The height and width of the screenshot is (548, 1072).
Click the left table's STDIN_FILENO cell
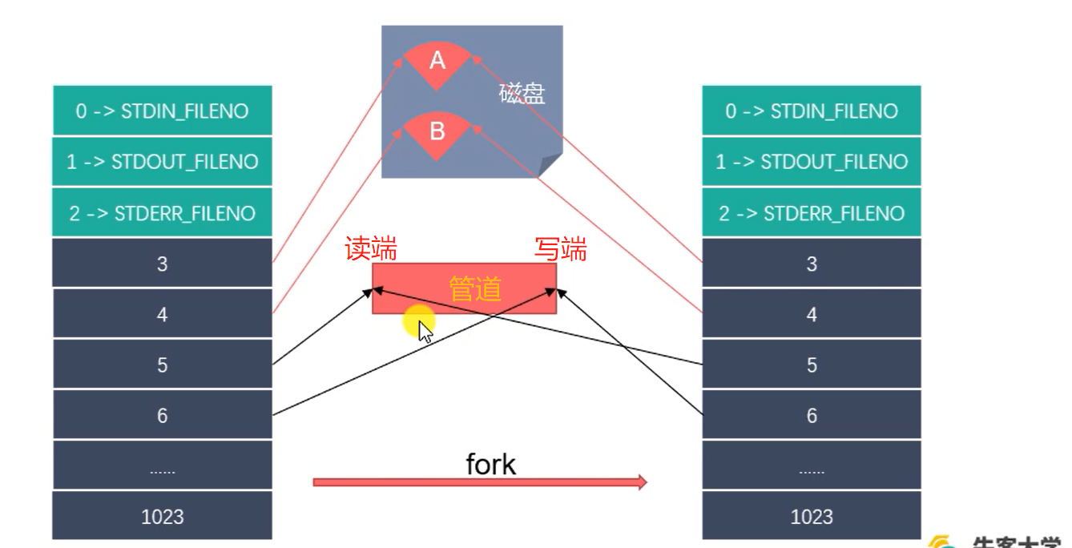pos(163,111)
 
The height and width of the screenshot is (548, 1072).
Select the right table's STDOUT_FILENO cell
pos(812,162)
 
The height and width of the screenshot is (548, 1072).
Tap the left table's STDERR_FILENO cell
pos(163,213)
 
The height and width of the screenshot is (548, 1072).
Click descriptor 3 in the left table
pos(163,264)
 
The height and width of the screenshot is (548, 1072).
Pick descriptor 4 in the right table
pos(812,314)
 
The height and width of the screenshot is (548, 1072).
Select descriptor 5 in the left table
pos(163,365)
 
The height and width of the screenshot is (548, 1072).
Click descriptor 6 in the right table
pos(812,416)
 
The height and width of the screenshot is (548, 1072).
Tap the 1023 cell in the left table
pos(163,517)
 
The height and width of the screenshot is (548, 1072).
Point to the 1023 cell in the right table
pos(812,517)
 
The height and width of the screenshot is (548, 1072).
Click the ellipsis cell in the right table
pos(812,467)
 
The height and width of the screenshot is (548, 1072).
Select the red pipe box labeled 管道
pos(465,288)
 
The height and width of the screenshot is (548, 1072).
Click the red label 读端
pos(371,249)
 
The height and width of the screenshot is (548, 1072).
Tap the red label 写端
pos(561,249)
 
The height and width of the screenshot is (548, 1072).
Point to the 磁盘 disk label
pos(522,94)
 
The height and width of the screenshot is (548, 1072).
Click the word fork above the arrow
pos(490,464)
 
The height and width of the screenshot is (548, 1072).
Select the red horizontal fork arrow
pos(479,482)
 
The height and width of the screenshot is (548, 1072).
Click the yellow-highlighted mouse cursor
pos(422,327)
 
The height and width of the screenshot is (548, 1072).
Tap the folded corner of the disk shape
pos(551,165)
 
